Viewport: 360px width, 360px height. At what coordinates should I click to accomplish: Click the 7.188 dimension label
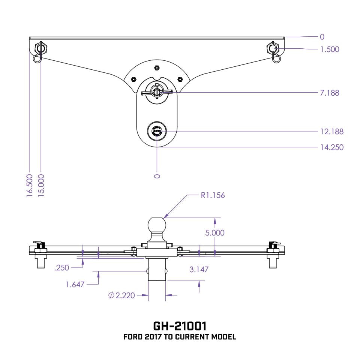click(330, 93)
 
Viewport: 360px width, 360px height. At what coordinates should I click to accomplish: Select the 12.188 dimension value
click(331, 132)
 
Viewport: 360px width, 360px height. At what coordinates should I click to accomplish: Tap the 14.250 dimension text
click(331, 147)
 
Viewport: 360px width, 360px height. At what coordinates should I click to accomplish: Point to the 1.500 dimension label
click(330, 49)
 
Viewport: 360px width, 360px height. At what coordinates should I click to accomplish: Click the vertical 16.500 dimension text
click(30, 185)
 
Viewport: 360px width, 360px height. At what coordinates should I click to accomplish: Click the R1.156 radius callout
click(212, 195)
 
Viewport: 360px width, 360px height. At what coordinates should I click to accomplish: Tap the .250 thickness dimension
click(62, 267)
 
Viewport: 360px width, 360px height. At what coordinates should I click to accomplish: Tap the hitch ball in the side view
click(157, 225)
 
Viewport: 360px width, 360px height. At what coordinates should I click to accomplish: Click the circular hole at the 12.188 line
click(157, 132)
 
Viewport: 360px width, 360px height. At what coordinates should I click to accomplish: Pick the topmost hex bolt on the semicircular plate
click(157, 68)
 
